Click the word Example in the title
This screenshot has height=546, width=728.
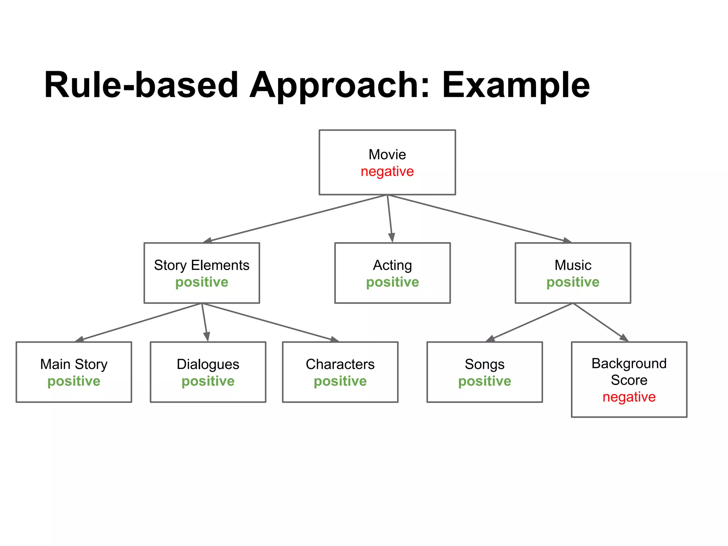(x=515, y=85)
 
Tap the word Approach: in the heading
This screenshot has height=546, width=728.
(x=339, y=85)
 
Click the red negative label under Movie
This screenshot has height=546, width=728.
(x=387, y=172)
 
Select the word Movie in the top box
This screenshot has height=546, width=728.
(x=387, y=155)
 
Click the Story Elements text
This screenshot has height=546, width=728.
(x=202, y=265)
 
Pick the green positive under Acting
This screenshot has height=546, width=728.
(x=392, y=282)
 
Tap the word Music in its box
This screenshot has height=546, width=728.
(x=573, y=265)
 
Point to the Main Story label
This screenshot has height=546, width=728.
(x=74, y=364)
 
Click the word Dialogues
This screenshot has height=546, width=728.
(x=208, y=364)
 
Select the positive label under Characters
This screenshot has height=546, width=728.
(x=340, y=381)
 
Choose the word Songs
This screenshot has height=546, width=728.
(x=485, y=364)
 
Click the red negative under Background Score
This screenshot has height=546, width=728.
(x=629, y=397)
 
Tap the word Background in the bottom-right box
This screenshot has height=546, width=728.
(x=629, y=364)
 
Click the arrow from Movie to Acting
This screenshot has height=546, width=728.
(x=390, y=219)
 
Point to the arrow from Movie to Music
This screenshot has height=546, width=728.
(x=480, y=219)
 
